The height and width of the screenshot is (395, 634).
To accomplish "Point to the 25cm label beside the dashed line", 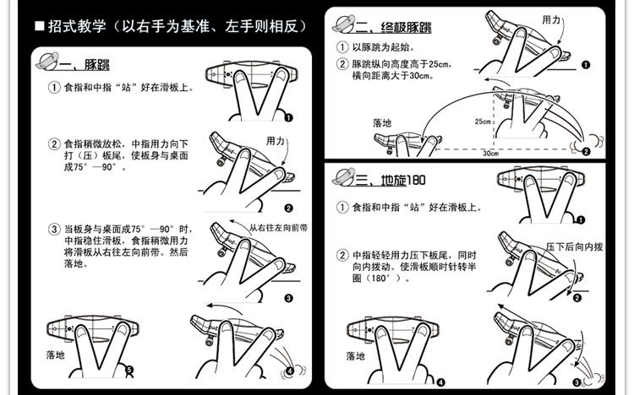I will point(483,122).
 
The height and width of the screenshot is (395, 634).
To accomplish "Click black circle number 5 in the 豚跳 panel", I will point(129,369).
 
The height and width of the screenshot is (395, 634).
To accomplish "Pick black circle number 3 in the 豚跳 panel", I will point(287,298).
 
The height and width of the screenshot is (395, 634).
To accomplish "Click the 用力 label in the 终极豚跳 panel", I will point(551,19).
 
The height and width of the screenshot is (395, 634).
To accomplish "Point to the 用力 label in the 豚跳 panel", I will point(276,140).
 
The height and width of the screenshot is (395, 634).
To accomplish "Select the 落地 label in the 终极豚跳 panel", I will point(382,122).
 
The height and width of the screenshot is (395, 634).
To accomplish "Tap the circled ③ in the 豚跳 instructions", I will point(54,229).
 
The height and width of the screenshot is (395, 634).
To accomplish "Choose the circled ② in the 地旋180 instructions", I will point(342,254).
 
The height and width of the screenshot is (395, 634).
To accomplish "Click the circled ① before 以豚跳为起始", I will point(342,47).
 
